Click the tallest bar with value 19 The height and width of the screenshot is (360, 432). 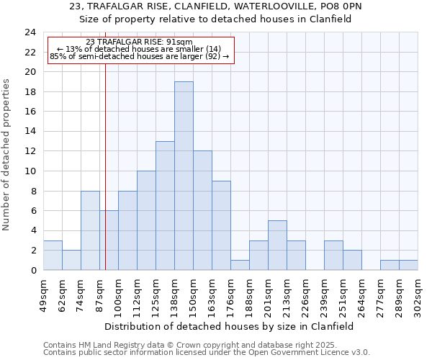point(184,176)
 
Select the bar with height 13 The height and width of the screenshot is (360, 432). point(165,205)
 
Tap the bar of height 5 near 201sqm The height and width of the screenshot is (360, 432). point(277,245)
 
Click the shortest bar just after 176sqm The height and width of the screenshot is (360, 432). point(240,265)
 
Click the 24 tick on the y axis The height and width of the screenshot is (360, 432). point(30,32)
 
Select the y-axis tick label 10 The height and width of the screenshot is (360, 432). point(30,171)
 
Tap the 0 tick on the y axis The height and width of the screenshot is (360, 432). point(33,270)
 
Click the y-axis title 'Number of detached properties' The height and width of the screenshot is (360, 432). point(6,155)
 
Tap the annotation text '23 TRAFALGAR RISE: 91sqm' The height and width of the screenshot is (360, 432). point(139,42)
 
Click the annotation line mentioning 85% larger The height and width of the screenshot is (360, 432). point(139,56)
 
